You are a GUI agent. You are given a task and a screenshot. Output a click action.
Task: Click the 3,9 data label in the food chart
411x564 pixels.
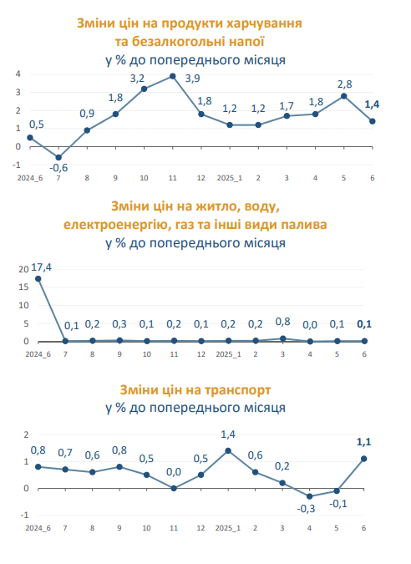193,79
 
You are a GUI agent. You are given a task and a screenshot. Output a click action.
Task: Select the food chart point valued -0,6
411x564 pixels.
58,158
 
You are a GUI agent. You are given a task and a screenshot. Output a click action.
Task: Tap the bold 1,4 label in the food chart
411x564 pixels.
372,104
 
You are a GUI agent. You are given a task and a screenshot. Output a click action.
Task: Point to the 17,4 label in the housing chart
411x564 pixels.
42,267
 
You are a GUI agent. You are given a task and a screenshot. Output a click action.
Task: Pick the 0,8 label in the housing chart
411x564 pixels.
282,322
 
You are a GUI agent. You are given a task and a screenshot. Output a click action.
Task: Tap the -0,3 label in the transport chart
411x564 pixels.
306,509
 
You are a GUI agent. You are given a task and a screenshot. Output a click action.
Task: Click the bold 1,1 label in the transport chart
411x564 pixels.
363,442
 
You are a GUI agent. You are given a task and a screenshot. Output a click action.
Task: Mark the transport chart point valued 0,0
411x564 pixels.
174,488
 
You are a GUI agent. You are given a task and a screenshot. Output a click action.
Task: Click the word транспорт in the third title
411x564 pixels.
238,390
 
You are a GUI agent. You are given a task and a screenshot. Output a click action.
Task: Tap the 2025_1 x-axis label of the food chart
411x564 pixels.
230,178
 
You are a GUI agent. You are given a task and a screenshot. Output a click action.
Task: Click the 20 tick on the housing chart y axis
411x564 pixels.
23,269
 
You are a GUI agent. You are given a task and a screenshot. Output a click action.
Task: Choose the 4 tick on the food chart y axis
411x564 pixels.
18,74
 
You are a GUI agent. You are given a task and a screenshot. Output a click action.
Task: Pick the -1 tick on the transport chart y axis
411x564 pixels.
24,515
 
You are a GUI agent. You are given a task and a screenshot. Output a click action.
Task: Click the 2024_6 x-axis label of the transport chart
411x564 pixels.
38,528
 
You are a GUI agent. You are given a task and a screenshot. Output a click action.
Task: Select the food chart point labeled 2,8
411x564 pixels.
344,96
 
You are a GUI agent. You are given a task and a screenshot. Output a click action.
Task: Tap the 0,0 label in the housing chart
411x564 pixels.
310,325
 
